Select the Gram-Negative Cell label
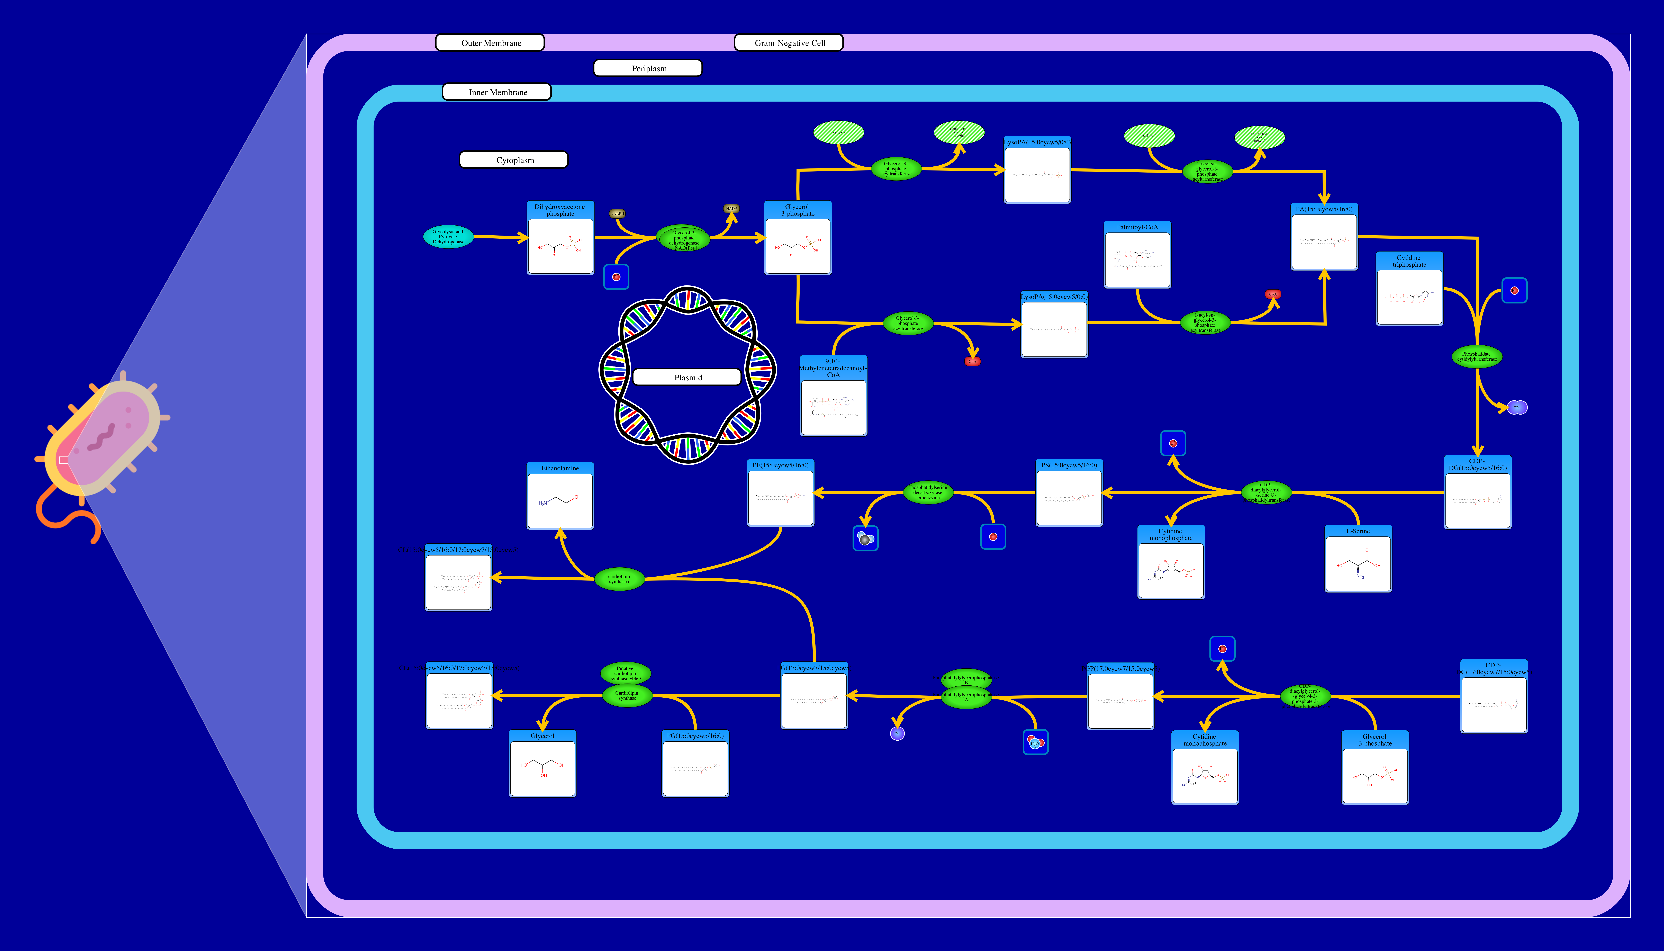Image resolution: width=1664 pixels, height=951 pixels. (x=789, y=43)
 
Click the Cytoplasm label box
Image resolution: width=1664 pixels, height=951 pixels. (x=514, y=160)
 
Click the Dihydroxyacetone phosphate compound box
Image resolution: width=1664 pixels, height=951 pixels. (x=560, y=238)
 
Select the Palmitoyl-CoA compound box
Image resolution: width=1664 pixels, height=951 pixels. (x=1137, y=255)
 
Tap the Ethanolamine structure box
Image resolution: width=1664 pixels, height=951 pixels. (x=560, y=496)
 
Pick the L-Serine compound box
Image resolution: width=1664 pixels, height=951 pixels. (x=1358, y=559)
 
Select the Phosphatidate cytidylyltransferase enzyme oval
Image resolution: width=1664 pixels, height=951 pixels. (x=1477, y=357)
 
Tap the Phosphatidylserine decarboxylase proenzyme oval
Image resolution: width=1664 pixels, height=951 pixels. (x=927, y=492)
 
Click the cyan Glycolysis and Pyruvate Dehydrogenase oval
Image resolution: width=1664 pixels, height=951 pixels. (x=448, y=236)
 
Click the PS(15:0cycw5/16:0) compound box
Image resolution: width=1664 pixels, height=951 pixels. (x=1068, y=493)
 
